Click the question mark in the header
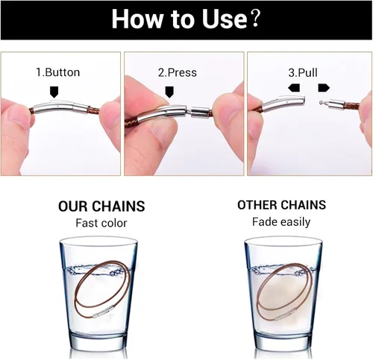(255, 19)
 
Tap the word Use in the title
(224, 19)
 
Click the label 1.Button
(58, 72)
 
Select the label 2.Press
(178, 72)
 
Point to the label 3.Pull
(303, 72)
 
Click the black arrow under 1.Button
(54, 92)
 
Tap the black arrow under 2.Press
(170, 92)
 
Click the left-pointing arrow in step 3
(294, 88)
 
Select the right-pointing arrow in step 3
(324, 88)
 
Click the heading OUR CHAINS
(101, 206)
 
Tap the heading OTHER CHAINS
(281, 205)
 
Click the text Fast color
(101, 223)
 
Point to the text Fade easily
(281, 222)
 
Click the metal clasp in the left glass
(104, 312)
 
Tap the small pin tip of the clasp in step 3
(321, 102)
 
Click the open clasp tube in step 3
(283, 103)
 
